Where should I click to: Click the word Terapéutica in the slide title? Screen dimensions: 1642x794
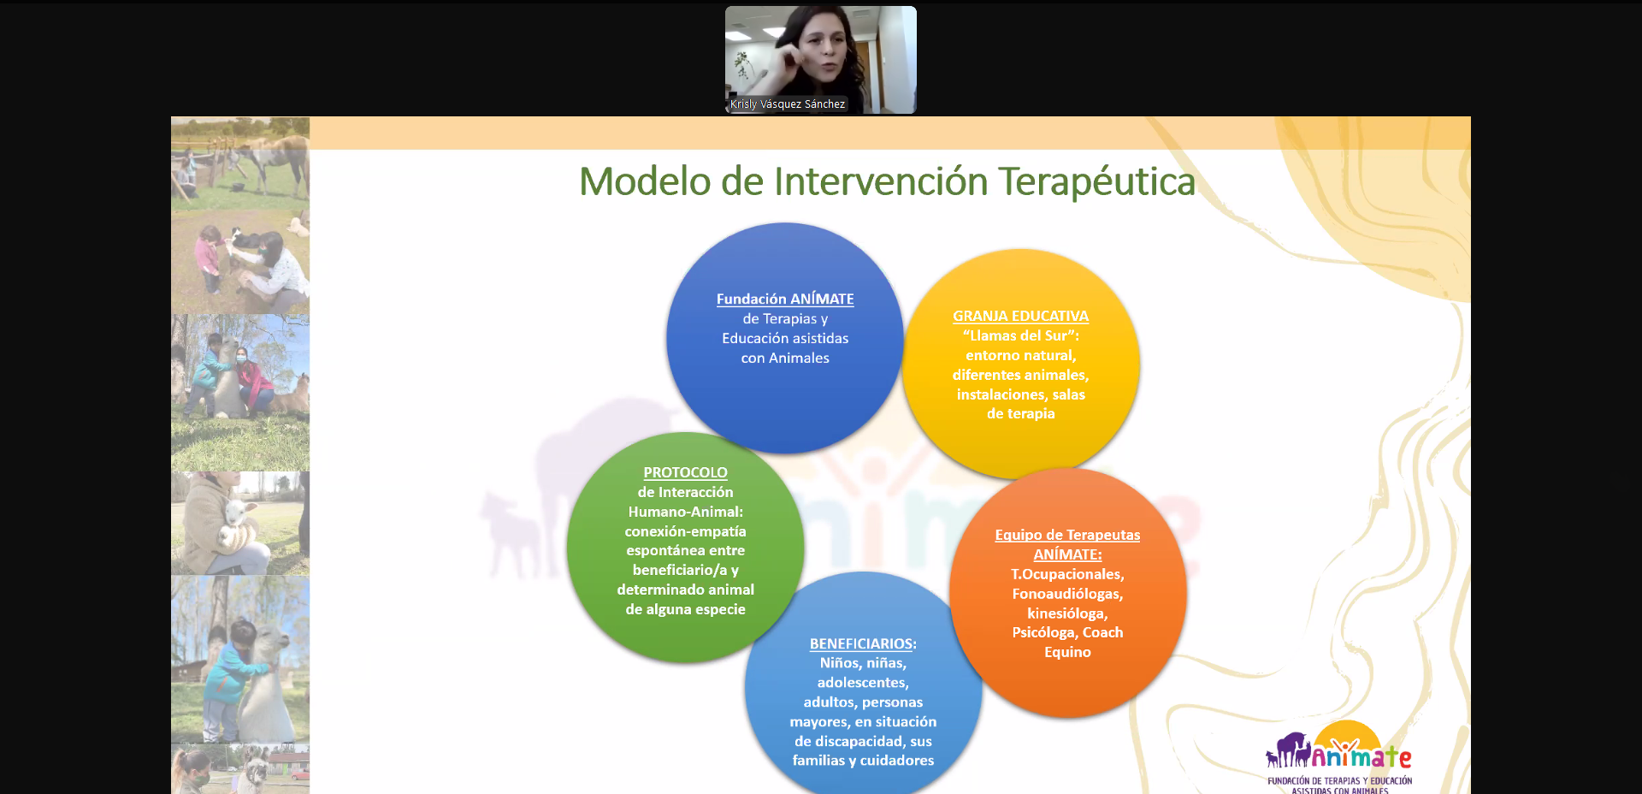tap(1096, 182)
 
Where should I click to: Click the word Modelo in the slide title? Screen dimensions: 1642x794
tap(645, 182)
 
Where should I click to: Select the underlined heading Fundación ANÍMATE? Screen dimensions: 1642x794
tap(785, 299)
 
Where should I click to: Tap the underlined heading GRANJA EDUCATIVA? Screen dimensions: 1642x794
tap(1020, 316)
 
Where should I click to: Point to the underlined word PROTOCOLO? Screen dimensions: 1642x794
tap(685, 472)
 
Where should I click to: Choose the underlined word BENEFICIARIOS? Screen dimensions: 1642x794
tap(862, 643)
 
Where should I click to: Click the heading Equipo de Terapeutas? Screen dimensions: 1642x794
tap(1067, 535)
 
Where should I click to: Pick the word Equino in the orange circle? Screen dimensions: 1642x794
tap(1067, 652)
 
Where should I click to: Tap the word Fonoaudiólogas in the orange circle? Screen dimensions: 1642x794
tap(1067, 594)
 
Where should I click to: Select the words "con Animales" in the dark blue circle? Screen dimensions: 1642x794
tap(785, 358)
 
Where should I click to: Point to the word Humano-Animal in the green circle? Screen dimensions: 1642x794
tap(684, 512)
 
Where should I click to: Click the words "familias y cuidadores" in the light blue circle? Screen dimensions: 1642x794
tap(863, 760)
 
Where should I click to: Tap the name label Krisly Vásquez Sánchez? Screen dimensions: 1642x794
tap(788, 104)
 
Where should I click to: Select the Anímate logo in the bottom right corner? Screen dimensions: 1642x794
tap(1339, 758)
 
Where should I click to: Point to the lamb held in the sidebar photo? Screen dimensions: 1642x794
tap(235, 524)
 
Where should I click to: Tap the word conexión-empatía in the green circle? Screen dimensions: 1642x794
tap(685, 531)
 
